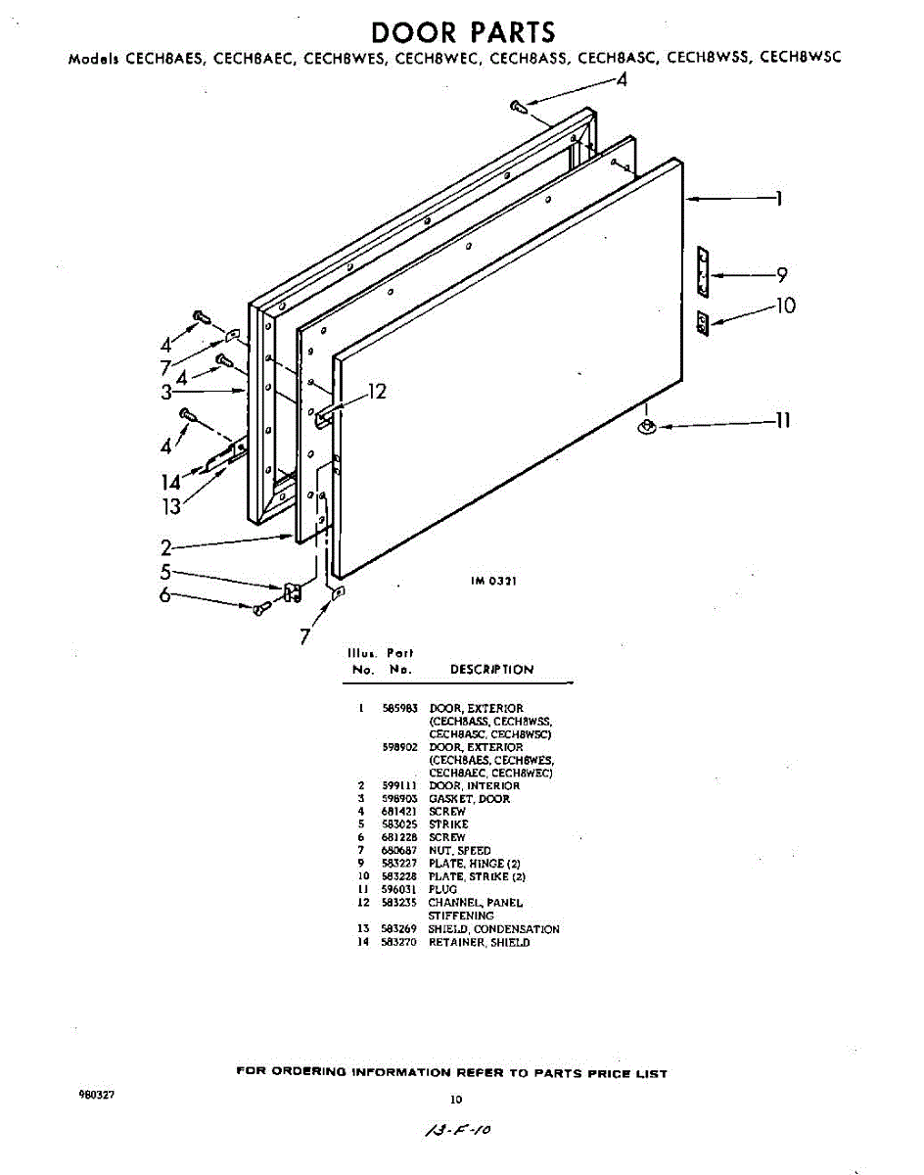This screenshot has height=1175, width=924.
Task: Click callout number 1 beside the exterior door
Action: [779, 201]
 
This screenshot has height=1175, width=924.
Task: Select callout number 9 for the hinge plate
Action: [781, 276]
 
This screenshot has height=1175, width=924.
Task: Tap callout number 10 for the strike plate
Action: [785, 305]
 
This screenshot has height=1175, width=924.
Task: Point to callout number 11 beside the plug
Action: [782, 422]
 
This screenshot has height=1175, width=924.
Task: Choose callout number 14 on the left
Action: [171, 482]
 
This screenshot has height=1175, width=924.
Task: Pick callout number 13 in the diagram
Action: [172, 506]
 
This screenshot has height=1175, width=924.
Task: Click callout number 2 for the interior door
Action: [167, 548]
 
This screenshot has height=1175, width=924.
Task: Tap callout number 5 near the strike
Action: [166, 573]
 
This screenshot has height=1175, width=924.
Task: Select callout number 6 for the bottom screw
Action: [166, 595]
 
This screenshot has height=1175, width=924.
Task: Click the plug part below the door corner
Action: [647, 425]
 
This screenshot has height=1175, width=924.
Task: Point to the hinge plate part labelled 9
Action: [702, 271]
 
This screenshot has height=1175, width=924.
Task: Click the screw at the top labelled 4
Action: [518, 106]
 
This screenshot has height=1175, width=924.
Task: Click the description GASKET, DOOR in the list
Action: [469, 799]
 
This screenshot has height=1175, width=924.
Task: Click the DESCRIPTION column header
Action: [491, 670]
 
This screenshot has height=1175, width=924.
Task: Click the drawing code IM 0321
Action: [494, 581]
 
